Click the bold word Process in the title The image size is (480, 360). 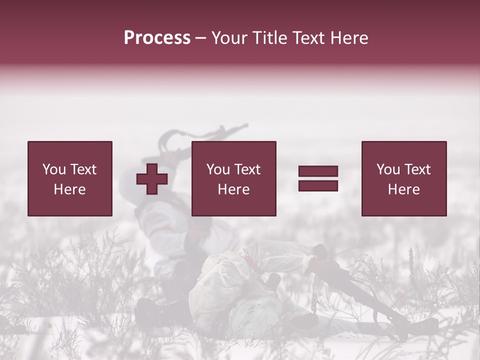157,38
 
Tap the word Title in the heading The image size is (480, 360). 268,38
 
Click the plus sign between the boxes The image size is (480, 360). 152,179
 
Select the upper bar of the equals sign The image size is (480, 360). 318,171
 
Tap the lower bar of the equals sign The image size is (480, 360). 318,186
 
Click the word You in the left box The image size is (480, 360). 54,169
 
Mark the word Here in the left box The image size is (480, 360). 69,189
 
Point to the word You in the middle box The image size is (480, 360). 218,169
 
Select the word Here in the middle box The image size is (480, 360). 233,189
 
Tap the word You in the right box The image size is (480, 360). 388,169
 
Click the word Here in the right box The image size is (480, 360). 403,189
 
